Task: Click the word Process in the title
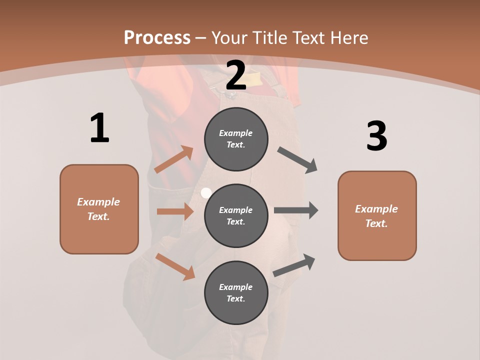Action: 157,37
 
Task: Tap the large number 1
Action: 99,128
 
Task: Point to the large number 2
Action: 236,75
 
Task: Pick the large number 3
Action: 376,136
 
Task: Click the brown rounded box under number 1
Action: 99,209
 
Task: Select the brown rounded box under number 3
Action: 377,216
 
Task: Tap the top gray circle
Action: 236,139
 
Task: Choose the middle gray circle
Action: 236,215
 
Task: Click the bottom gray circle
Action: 236,292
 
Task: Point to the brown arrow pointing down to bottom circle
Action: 175,266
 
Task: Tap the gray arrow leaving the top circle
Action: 297,160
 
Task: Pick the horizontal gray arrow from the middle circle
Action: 296,210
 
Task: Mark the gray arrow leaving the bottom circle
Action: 294,265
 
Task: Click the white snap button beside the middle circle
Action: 205,192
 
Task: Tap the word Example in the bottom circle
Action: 236,287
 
